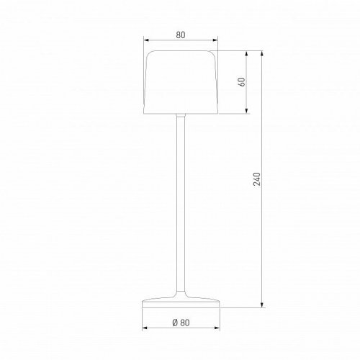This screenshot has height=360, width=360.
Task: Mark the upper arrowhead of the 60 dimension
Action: click(248, 53)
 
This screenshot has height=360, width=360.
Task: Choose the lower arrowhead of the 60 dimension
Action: click(248, 112)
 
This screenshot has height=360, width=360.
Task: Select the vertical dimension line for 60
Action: click(248, 97)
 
